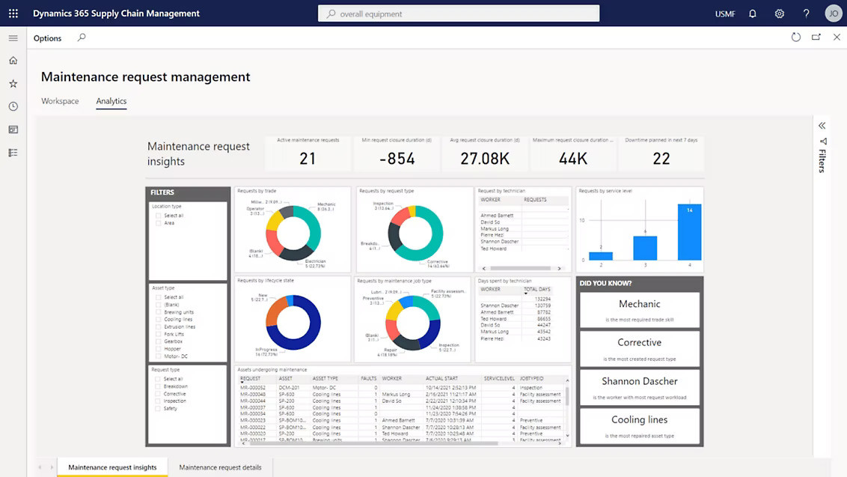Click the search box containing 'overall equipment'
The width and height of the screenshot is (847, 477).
pyautogui.click(x=458, y=13)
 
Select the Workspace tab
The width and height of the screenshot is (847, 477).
pyautogui.click(x=60, y=101)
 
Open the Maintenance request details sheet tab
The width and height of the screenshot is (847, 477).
pyautogui.click(x=220, y=467)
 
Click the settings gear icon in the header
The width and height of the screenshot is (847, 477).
pyautogui.click(x=780, y=13)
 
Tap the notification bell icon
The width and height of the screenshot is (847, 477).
pyautogui.click(x=753, y=13)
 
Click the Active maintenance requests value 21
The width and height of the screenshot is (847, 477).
pyautogui.click(x=308, y=158)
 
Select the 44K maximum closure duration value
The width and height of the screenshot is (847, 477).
pyautogui.click(x=572, y=158)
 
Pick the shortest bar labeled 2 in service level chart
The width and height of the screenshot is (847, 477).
pyautogui.click(x=601, y=255)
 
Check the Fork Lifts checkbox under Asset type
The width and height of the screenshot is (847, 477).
pyautogui.click(x=159, y=334)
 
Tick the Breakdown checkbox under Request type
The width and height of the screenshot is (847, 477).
pyautogui.click(x=159, y=386)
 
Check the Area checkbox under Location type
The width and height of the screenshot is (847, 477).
pyautogui.click(x=159, y=223)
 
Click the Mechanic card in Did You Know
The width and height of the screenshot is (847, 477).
pyautogui.click(x=639, y=309)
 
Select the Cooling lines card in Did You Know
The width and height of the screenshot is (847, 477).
pyautogui.click(x=639, y=425)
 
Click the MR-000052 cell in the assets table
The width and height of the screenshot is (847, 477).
pyautogui.click(x=253, y=388)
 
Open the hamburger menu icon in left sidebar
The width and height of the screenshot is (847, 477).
pyautogui.click(x=13, y=38)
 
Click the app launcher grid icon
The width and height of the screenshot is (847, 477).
pyautogui.click(x=13, y=13)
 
